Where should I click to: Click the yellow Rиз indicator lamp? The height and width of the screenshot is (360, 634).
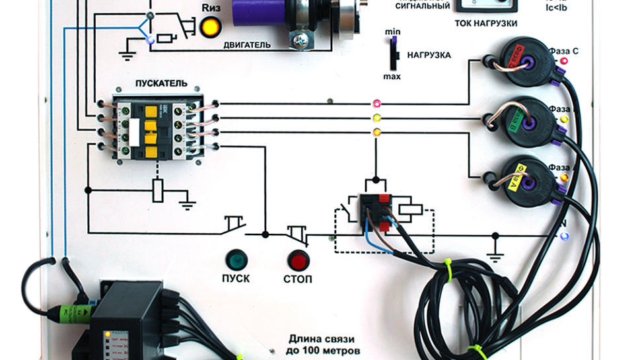pyautogui.click(x=211, y=27)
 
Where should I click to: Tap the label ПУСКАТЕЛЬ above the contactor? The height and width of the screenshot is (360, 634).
pyautogui.click(x=161, y=84)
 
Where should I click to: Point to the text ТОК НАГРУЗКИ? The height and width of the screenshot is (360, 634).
pyautogui.click(x=485, y=23)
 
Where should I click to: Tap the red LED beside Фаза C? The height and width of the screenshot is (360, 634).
pyautogui.click(x=564, y=61)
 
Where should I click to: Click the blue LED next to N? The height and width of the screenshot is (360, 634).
pyautogui.click(x=563, y=236)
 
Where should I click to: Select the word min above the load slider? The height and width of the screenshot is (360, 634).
pyautogui.click(x=392, y=32)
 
